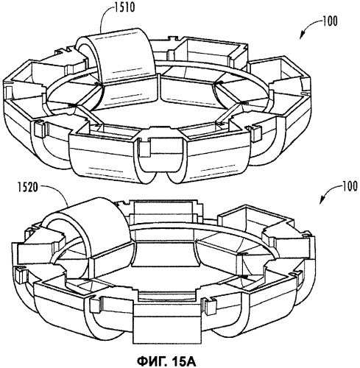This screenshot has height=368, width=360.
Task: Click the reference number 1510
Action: (125, 7)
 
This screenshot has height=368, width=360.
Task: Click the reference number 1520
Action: (27, 188)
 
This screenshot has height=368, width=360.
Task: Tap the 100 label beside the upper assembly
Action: (330, 21)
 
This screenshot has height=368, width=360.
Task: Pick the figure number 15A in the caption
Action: (183, 361)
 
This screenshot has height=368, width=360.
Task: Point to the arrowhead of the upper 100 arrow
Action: (302, 35)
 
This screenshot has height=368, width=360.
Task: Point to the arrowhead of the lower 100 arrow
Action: (322, 201)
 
